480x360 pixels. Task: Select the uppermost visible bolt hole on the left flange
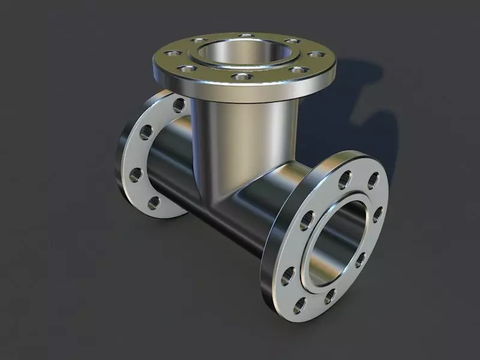(x=178, y=106)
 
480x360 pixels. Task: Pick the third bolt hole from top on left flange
(x=136, y=175)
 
